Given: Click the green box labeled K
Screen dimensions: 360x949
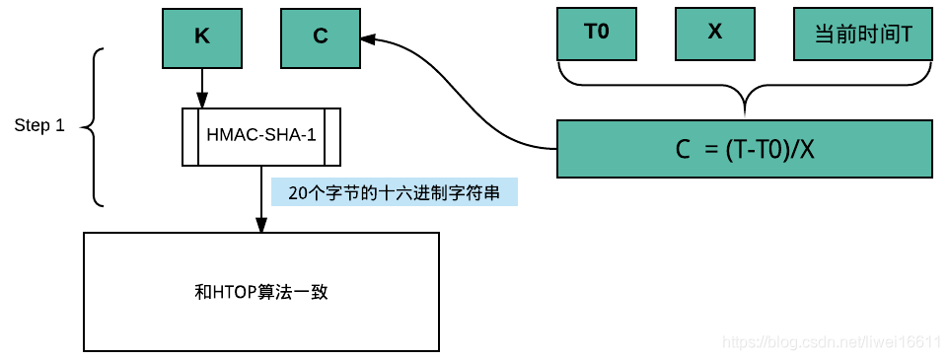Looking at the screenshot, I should [x=202, y=36].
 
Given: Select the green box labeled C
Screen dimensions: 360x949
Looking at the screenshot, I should [x=321, y=36].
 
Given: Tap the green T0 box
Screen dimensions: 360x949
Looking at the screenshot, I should [x=597, y=33].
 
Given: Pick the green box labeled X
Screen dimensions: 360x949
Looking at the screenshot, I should [x=715, y=33].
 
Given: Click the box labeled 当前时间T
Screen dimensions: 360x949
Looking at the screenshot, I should [x=862, y=33].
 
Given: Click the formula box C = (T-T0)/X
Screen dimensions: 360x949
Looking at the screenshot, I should [x=744, y=149].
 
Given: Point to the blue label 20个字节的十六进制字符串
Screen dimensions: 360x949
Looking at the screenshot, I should [x=394, y=193].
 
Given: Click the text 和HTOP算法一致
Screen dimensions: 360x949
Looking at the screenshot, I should [x=261, y=292].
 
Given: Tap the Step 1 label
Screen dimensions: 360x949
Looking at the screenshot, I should [x=39, y=126].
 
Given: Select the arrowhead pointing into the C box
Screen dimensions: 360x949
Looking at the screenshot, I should [x=368, y=40].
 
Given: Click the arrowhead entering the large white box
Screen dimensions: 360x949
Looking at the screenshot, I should [x=261, y=226].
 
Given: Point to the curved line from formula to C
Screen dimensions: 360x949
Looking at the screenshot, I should [x=464, y=108].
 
